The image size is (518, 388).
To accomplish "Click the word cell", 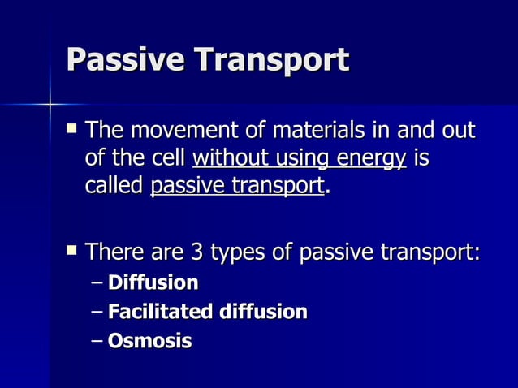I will coord(172,158).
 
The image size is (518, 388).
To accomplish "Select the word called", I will coord(114,186).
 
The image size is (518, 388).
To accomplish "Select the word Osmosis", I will coord(149,340).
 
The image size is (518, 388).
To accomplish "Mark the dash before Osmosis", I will coord(98,341).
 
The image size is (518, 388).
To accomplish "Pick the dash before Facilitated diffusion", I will coord(98,312).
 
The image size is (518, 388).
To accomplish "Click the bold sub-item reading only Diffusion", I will coord(153,282).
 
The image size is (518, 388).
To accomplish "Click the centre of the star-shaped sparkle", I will coord(50,105).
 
